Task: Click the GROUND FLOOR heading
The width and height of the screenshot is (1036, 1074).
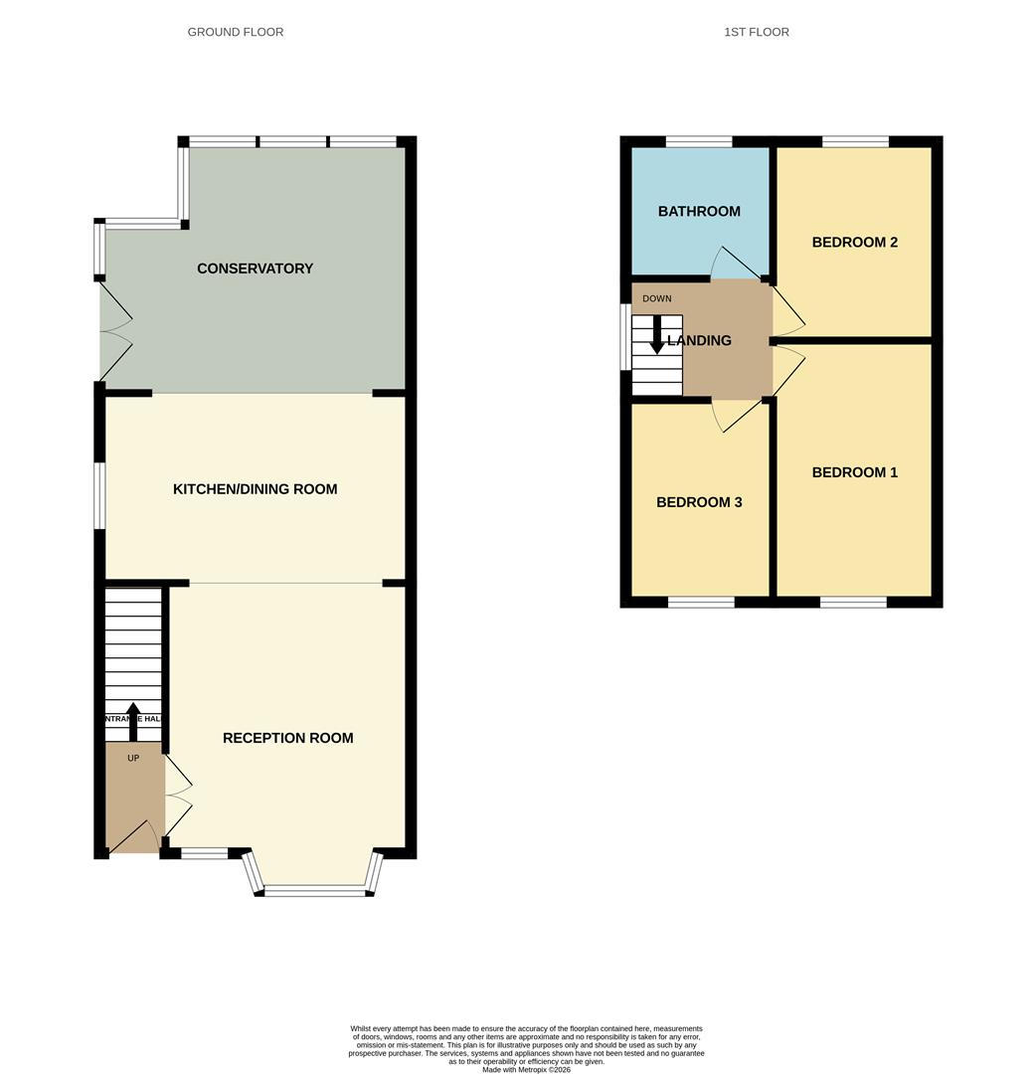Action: (236, 32)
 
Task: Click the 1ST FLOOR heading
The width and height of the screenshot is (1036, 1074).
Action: (757, 32)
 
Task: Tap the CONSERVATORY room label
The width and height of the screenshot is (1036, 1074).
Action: (255, 268)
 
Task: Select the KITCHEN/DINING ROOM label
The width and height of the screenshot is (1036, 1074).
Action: (255, 489)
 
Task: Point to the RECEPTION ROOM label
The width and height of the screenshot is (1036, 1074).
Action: (287, 738)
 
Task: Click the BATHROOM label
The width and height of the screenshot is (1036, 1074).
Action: (699, 211)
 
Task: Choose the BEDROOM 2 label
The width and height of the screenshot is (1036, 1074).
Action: (854, 242)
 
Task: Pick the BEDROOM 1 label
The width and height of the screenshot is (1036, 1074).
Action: (854, 472)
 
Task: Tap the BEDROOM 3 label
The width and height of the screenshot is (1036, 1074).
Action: (699, 502)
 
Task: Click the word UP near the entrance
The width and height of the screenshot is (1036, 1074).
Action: (133, 758)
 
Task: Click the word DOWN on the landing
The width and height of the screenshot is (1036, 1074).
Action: (657, 298)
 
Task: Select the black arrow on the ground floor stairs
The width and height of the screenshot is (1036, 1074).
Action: (133, 720)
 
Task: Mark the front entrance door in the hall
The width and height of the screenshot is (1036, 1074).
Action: (132, 837)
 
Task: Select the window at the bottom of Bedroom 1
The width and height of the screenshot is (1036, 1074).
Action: (853, 602)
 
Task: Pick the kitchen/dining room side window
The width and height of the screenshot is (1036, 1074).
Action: (99, 495)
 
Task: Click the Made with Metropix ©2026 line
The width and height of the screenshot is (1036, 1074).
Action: (526, 1069)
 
